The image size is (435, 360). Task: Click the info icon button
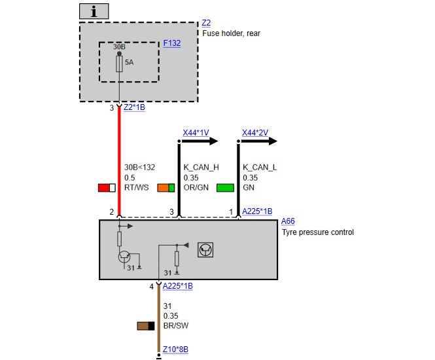94,11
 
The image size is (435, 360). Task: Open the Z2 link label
206,23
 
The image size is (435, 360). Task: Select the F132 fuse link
172,43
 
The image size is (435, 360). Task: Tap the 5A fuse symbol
119,64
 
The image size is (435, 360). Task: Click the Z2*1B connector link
134,107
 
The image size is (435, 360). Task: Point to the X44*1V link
196,133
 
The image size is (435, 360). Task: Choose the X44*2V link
255,133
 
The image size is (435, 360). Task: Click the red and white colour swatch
107,188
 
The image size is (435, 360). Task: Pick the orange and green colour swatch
166,188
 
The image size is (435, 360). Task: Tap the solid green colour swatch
225,188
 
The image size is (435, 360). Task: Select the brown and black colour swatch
146,326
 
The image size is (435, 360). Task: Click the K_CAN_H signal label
201,168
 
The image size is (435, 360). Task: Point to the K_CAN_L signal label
260,168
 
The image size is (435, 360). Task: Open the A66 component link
288,221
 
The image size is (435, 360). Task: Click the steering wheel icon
205,250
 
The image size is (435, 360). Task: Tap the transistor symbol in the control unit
124,257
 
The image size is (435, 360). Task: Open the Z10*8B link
175,349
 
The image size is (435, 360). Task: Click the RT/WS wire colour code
137,188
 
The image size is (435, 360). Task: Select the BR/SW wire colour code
176,325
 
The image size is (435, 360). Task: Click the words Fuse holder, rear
232,33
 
